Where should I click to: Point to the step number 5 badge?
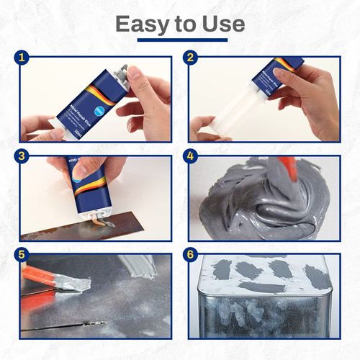[x=23, y=255]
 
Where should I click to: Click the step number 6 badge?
[x=191, y=255]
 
